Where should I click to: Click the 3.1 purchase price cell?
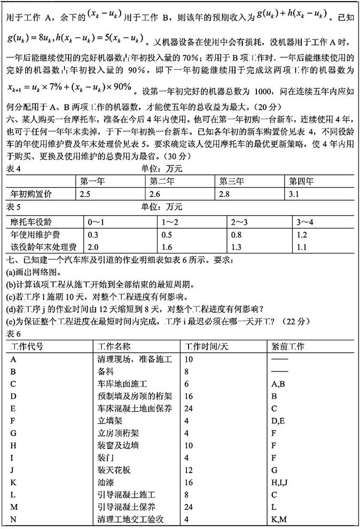tap(295, 193)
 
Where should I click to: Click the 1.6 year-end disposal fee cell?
tap(167, 247)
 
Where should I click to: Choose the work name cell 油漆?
tap(105, 483)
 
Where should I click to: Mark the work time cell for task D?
tap(189, 396)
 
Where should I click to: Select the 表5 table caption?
tap(11, 207)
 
